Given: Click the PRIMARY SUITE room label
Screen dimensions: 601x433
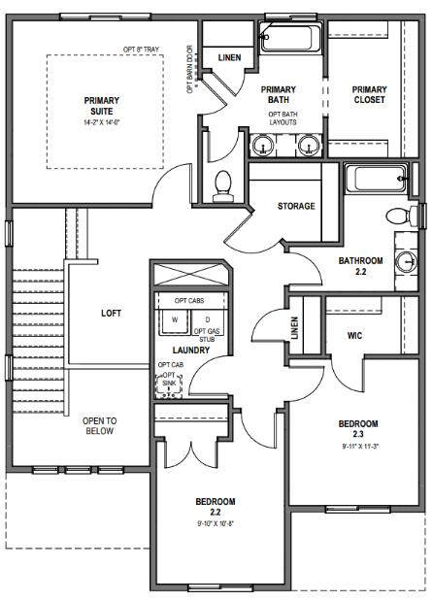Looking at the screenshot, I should click(x=102, y=106).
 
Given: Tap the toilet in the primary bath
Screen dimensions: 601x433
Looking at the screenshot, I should click(x=225, y=184).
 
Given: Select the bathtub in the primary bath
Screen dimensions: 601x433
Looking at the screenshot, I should click(x=289, y=39).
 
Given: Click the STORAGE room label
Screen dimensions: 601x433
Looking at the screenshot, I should click(x=296, y=206).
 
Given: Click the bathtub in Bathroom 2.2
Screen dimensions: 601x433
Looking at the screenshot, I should click(x=377, y=179).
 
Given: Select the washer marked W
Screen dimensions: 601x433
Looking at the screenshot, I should click(x=175, y=318).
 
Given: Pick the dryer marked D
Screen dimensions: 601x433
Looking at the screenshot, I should click(x=207, y=318).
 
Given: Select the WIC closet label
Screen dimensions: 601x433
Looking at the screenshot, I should click(x=355, y=336).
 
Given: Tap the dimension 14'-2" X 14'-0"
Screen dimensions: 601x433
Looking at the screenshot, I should click(x=102, y=123).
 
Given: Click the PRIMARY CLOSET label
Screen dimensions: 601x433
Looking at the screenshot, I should click(x=369, y=94).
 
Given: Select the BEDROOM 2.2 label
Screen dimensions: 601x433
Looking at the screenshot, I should click(x=216, y=507).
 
